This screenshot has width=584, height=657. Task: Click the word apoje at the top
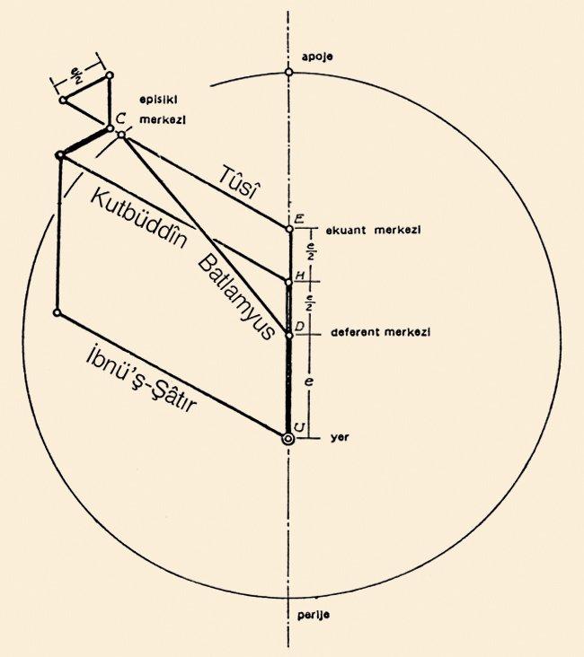[x=317, y=57]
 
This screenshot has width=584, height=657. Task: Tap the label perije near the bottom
[x=314, y=615]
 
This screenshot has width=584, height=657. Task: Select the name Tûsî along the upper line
[x=236, y=183]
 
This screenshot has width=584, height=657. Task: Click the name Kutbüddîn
[x=138, y=219]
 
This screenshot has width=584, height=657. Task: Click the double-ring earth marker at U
[x=288, y=439]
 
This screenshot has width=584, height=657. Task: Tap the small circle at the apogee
[x=288, y=72]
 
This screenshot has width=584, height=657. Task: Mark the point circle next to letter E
[x=289, y=229]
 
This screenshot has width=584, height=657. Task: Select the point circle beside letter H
[x=288, y=283]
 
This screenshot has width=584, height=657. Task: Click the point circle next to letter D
[x=288, y=335]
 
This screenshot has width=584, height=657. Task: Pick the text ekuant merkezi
[x=374, y=230]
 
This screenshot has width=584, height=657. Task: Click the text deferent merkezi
[x=381, y=332]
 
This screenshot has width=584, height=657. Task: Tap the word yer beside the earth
[x=340, y=438]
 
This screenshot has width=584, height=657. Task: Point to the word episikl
[x=159, y=101]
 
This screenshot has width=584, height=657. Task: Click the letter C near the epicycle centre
[x=119, y=118]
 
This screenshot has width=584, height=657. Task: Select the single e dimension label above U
[x=310, y=381]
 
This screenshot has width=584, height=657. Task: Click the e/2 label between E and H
[x=311, y=252]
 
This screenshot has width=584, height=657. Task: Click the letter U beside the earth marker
[x=299, y=427]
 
